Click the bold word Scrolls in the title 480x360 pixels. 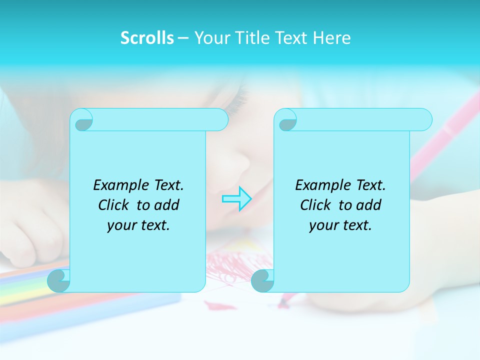coord(147,38)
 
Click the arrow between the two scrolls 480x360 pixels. coord(237,198)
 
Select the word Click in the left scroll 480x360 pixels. coord(112,205)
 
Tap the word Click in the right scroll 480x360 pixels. coord(314,205)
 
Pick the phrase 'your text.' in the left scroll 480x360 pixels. coord(138,225)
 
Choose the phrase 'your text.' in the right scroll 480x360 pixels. coord(340,225)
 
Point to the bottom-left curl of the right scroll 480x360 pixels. coord(262,280)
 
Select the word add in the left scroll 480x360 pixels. coord(166,205)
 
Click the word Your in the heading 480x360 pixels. coord(210,38)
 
